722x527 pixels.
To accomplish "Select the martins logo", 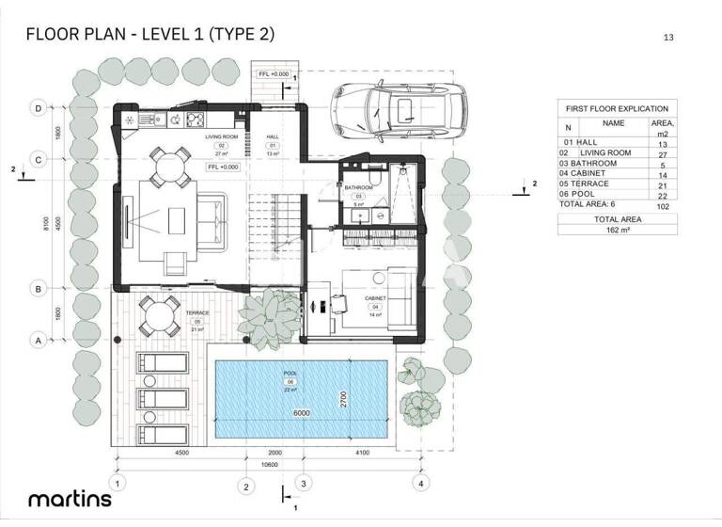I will [70, 499].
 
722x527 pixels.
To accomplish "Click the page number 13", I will [668, 38].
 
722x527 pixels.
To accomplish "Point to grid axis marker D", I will [38, 109].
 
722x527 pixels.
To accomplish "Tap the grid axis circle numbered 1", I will [117, 483].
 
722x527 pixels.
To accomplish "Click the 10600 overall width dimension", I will [269, 464].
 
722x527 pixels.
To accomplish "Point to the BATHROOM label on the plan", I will [358, 187].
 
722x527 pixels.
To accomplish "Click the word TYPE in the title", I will [234, 35].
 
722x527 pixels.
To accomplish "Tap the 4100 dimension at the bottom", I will [361, 454].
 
